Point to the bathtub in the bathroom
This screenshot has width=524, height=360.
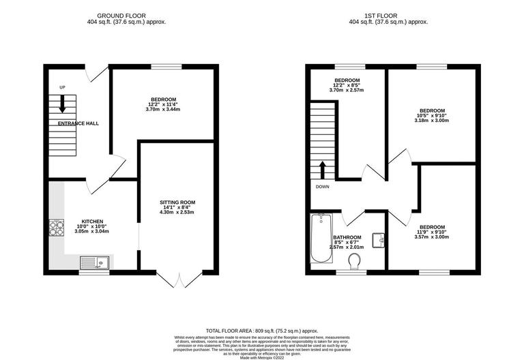(x=320, y=239)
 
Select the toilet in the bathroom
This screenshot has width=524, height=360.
(x=354, y=262)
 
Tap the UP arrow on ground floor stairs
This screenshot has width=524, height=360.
(x=62, y=104)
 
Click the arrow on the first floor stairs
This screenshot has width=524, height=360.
(x=323, y=169)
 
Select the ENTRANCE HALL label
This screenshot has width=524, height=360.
(x=78, y=123)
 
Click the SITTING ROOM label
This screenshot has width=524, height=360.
(x=177, y=202)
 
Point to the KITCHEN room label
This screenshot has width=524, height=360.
(x=92, y=222)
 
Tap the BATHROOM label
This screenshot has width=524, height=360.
(x=347, y=237)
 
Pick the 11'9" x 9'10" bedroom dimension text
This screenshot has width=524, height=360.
(x=432, y=232)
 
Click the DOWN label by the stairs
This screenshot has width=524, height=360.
(x=323, y=186)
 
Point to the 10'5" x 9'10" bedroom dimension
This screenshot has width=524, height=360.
(x=432, y=116)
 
